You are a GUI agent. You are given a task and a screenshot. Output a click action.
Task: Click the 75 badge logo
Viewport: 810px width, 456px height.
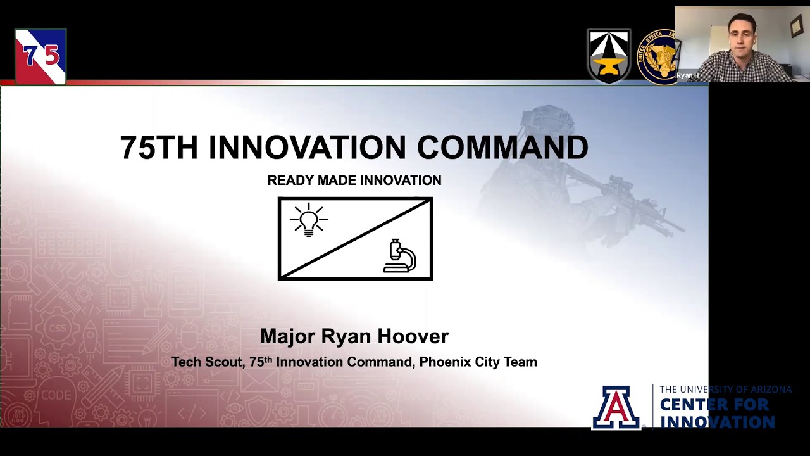tap(41, 56)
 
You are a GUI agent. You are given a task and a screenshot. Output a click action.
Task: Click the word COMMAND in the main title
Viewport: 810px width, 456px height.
tap(502, 147)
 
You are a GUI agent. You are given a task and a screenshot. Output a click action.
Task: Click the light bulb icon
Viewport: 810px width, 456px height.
tap(309, 220)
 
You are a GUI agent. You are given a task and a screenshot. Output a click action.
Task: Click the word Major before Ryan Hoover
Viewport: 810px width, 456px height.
tap(288, 336)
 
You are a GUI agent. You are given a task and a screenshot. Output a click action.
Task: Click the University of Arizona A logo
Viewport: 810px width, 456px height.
tap(616, 407)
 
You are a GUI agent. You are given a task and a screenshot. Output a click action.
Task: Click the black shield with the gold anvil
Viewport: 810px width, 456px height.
tap(609, 56)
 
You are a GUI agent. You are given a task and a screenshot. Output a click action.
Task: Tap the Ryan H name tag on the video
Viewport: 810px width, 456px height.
tap(687, 75)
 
